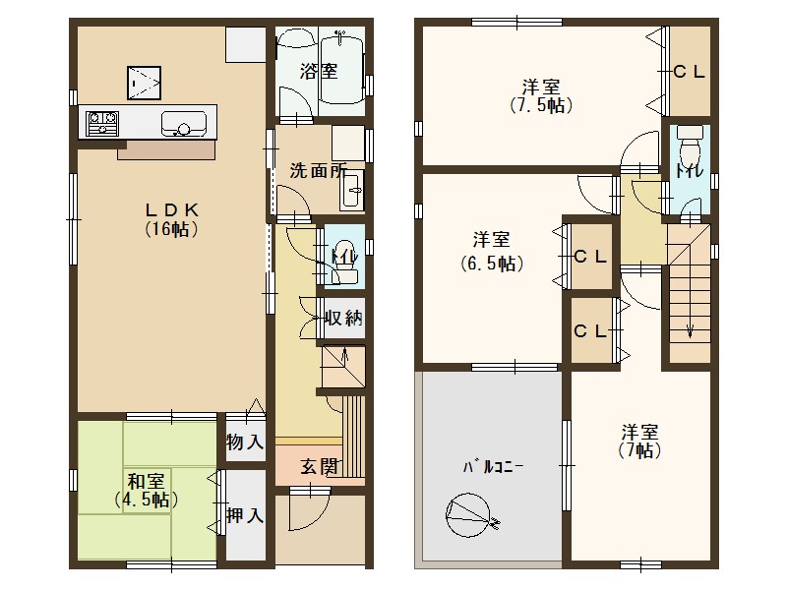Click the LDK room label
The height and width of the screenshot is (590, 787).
tap(173, 208)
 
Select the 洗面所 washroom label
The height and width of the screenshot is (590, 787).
tap(317, 169)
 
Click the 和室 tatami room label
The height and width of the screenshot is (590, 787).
tap(145, 481)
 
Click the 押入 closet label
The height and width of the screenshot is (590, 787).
tap(245, 515)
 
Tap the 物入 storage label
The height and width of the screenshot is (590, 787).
tap(245, 443)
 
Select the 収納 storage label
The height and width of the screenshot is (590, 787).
tap(345, 318)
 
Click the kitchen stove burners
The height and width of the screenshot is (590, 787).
tap(102, 124)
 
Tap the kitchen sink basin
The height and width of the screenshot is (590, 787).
tap(183, 124)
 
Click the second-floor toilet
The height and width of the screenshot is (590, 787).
tap(689, 155)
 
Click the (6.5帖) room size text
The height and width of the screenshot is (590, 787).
tap(490, 263)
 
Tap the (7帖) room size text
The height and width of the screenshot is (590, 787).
tap(639, 451)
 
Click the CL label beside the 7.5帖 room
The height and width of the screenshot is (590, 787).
tap(690, 72)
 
